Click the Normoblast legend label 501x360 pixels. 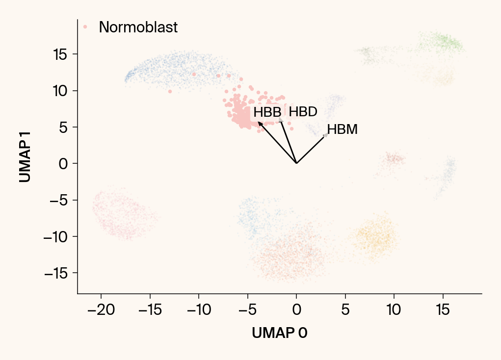138,27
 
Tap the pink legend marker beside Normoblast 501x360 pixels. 85,27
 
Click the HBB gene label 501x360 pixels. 267,112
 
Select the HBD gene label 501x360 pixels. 303,112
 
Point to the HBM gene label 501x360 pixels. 342,130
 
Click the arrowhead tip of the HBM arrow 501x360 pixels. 326,134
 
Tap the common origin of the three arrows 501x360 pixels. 296,163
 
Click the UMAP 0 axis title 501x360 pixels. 280,333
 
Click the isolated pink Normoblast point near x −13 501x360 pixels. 170,91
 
